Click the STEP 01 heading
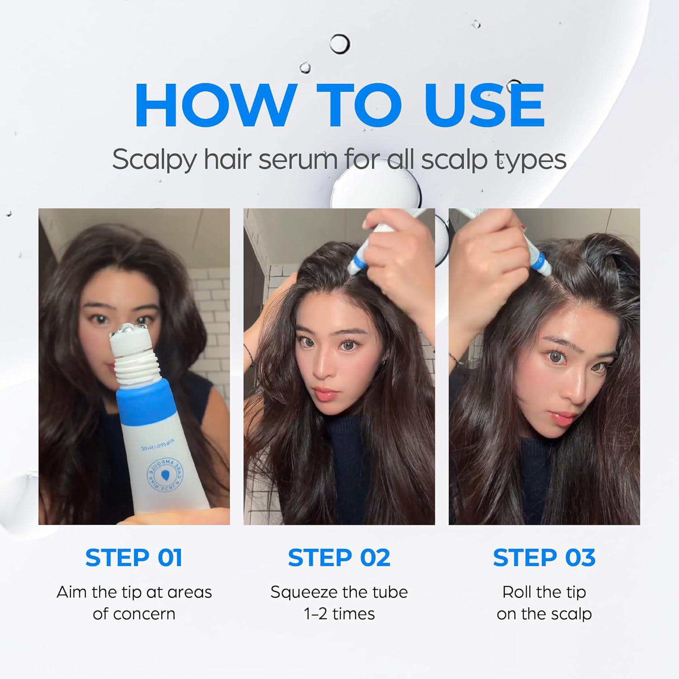tap(134, 557)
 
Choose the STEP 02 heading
tap(339, 557)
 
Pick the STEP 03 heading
tap(544, 557)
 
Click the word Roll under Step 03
tap(516, 592)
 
